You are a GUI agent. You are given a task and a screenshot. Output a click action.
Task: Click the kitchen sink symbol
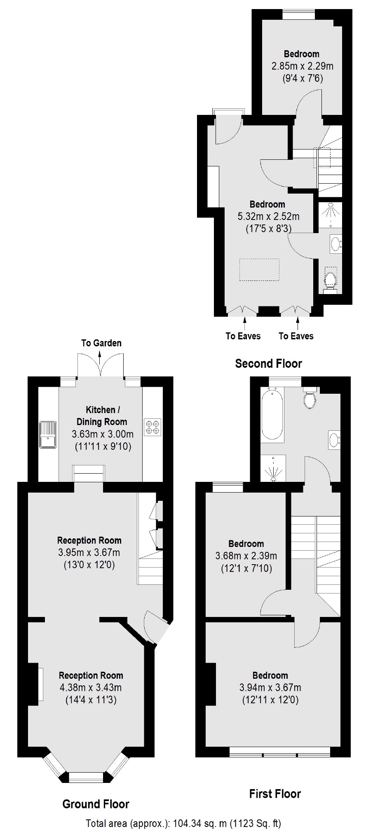[48, 434]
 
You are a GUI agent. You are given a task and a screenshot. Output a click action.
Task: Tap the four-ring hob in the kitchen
[152, 427]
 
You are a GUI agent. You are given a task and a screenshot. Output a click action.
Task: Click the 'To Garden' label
[101, 343]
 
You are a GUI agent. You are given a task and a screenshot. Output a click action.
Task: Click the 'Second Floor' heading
[268, 363]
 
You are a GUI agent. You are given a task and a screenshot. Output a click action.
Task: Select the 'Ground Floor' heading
[96, 804]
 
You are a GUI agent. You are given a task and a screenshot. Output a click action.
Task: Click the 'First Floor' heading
[275, 794]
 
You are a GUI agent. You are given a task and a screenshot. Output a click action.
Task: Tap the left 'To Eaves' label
[243, 336]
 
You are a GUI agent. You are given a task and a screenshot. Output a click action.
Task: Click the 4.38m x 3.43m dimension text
[91, 687]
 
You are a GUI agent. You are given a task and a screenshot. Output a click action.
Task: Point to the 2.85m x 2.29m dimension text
[302, 66]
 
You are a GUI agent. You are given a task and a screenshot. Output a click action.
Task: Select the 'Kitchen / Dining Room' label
[101, 416]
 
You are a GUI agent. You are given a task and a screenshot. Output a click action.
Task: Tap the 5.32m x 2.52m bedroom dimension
[268, 216]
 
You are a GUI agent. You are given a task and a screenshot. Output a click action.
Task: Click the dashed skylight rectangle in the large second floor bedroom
[260, 270]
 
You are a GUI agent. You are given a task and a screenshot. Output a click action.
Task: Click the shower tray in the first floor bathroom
[273, 468]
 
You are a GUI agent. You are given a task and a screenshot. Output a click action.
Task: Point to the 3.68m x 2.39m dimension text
[246, 556]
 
